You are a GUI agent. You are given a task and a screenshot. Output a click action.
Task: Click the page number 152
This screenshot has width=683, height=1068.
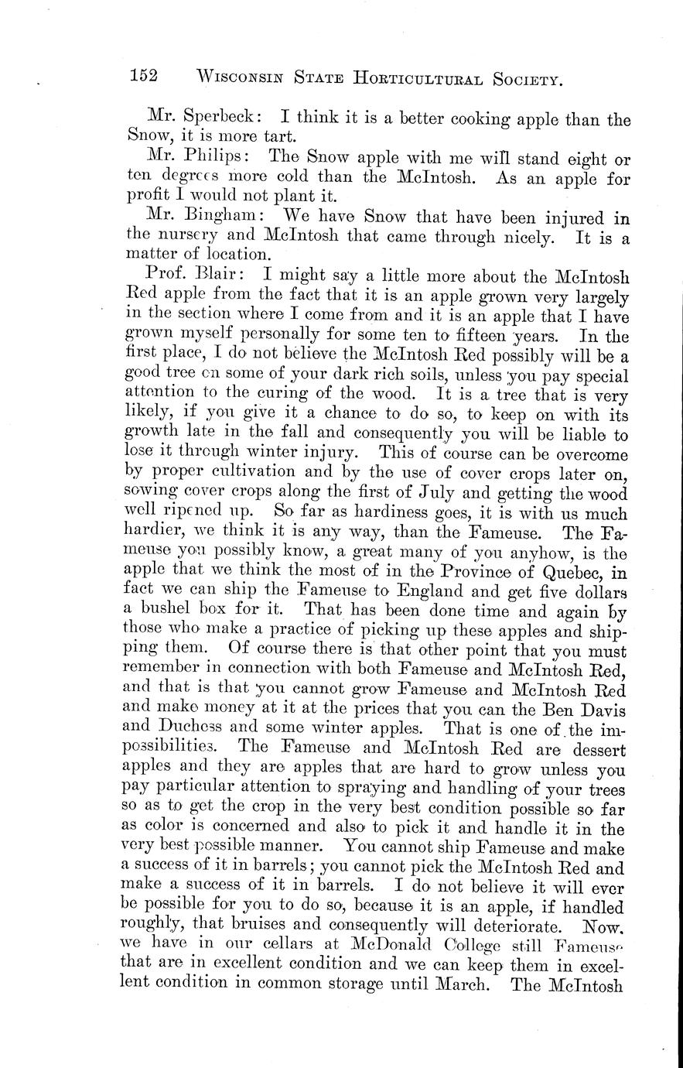pos(144,76)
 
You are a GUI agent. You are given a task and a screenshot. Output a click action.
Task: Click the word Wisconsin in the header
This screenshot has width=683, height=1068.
pos(244,77)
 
